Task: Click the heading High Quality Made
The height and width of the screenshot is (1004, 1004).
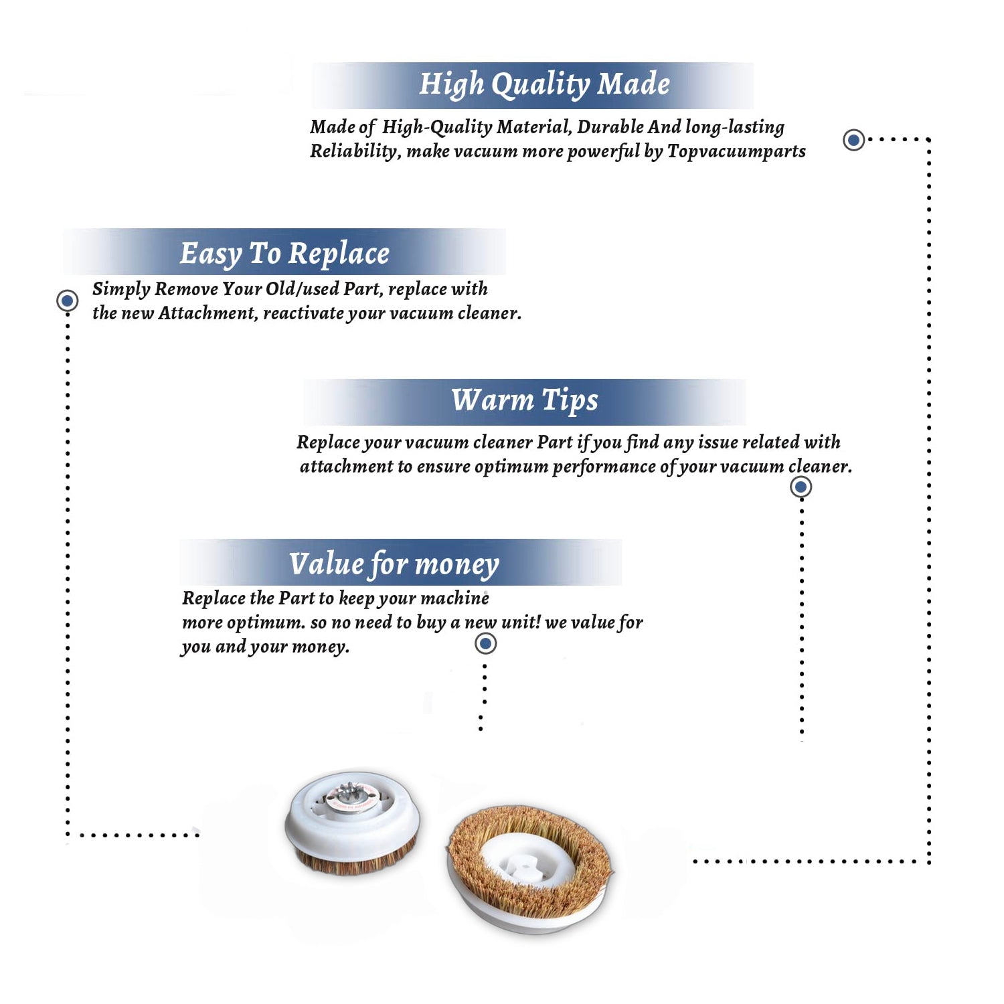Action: point(544,85)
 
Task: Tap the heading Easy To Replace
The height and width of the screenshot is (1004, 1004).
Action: point(284,254)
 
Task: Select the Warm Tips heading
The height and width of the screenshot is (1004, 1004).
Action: point(525,400)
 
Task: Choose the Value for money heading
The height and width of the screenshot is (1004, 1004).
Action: point(394,564)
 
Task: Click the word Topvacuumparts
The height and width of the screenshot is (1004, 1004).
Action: point(736,152)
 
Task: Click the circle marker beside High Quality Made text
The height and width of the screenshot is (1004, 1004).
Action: point(853,140)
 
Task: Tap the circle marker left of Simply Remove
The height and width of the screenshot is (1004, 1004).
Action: point(67,301)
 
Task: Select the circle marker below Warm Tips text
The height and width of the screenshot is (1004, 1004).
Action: point(801,487)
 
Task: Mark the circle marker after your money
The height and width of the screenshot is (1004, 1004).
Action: point(485,643)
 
